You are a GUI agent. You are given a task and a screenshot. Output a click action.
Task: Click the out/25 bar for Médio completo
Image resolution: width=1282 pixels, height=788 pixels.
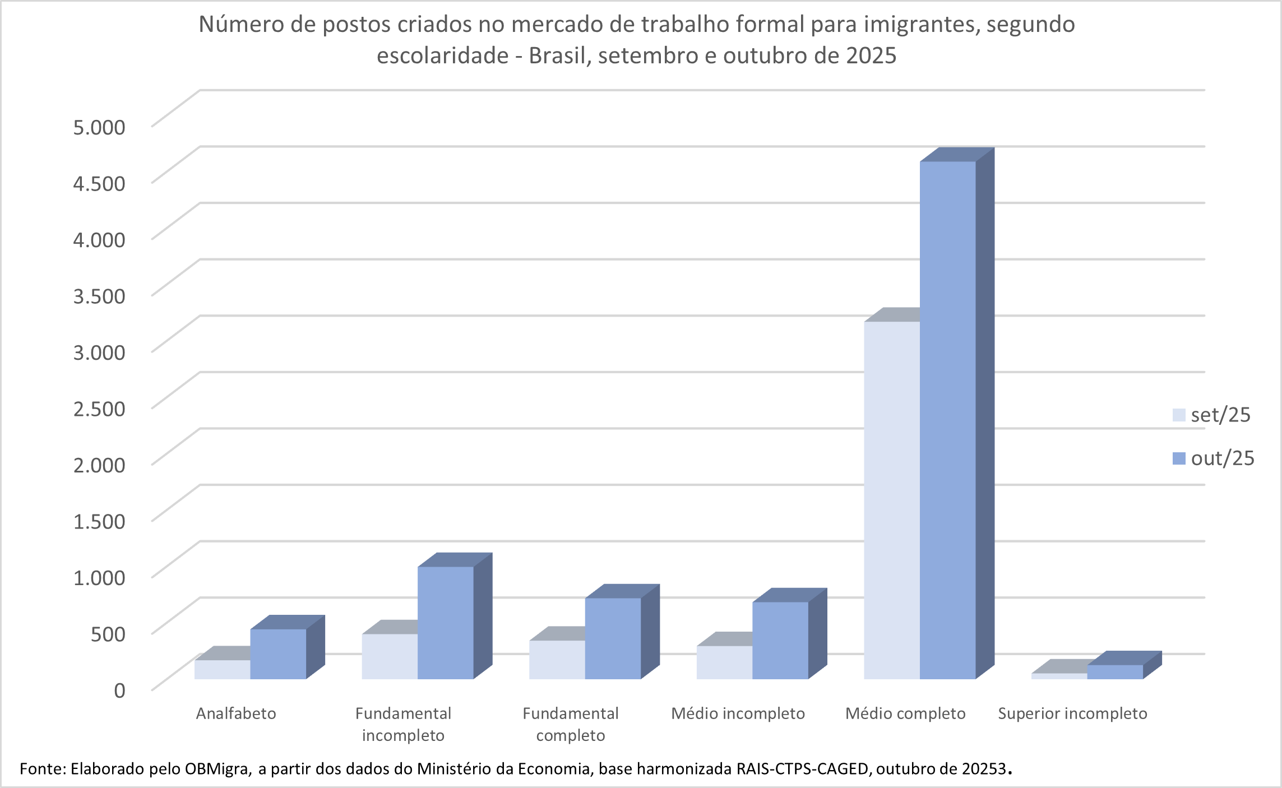tap(947, 420)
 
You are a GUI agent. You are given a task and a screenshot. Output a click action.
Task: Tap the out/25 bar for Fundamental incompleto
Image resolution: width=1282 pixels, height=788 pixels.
tap(446, 623)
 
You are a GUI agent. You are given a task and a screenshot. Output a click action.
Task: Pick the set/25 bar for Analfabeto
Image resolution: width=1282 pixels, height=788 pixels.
tap(223, 670)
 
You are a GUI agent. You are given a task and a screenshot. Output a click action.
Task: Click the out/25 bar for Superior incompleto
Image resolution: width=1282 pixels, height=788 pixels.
tap(1115, 672)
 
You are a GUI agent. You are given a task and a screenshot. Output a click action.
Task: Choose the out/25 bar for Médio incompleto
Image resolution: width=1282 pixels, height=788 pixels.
tap(780, 641)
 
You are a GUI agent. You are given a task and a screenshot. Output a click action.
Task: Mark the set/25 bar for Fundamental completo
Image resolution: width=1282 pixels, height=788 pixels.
tap(557, 660)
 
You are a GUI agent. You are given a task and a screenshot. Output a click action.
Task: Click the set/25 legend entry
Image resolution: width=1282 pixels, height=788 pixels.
tap(1213, 415)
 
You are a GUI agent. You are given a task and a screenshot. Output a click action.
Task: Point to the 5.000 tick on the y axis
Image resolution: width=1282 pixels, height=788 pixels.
tap(99, 127)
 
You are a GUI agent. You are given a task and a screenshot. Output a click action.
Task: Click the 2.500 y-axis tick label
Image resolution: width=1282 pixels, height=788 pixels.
tap(99, 409)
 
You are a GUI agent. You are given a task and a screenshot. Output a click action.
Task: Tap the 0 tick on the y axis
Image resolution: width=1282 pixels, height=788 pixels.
tap(119, 690)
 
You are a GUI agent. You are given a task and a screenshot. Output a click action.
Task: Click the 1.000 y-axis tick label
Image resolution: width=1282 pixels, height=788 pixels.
tap(99, 577)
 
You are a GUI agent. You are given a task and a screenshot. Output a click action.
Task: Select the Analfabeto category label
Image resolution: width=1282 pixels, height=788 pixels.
tap(236, 713)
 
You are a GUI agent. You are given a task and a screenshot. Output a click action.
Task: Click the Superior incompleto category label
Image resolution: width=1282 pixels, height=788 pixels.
tap(1072, 713)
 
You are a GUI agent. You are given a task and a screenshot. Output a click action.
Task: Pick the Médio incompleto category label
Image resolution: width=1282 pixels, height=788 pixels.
tap(738, 713)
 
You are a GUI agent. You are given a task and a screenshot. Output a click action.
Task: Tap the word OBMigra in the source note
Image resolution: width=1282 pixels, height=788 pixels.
tap(217, 768)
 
